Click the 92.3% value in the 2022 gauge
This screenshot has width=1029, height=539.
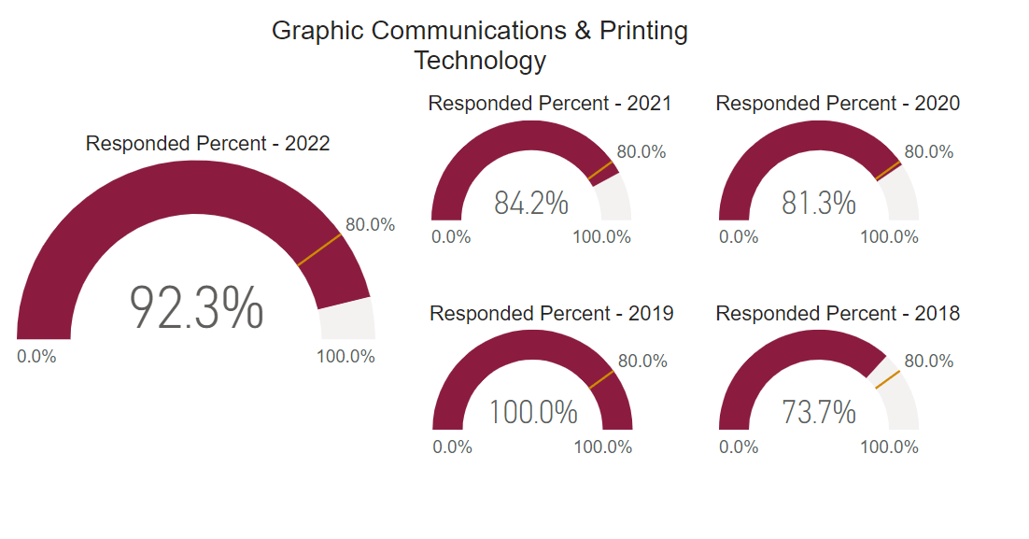click(x=196, y=308)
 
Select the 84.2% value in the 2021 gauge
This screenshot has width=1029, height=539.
click(x=530, y=203)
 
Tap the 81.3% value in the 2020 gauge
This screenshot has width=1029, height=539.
click(x=818, y=203)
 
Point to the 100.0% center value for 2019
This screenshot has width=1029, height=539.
click(x=533, y=412)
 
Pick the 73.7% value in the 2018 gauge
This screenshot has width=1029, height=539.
click(x=818, y=412)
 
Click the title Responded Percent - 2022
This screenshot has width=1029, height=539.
click(x=207, y=144)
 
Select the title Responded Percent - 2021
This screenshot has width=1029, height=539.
click(x=549, y=103)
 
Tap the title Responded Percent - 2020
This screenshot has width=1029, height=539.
click(x=838, y=103)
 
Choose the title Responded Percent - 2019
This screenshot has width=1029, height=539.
click(x=551, y=313)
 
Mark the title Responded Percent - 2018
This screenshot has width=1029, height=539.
click(x=838, y=313)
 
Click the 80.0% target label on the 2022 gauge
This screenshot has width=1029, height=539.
click(x=370, y=224)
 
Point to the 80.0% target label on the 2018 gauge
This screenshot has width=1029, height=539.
click(x=928, y=361)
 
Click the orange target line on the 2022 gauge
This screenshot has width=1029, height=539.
click(x=320, y=250)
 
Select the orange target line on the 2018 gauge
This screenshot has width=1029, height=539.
click(x=886, y=379)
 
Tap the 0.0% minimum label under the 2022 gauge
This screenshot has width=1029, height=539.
click(x=36, y=356)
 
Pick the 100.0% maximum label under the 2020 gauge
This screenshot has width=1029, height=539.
click(x=889, y=236)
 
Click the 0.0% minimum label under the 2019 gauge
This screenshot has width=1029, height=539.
click(x=452, y=447)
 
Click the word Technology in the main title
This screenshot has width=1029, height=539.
click(x=480, y=61)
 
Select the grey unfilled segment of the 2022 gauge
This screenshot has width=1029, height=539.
click(x=347, y=320)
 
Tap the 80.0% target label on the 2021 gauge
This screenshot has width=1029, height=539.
click(x=641, y=151)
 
